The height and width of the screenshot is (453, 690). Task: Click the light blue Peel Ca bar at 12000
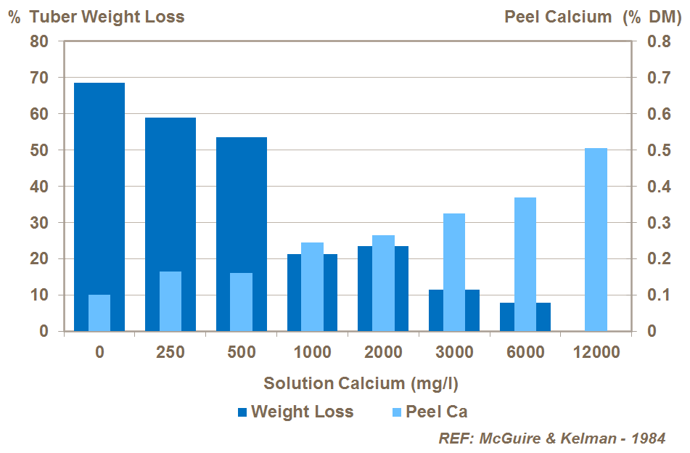tap(596, 240)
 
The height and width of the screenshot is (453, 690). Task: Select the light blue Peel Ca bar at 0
tap(99, 313)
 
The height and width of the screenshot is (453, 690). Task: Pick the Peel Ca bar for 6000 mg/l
tap(525, 264)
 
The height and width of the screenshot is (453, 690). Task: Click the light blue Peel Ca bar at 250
tap(171, 301)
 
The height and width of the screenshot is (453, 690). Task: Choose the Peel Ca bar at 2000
tap(383, 283)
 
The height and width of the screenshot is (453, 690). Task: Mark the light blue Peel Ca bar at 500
tap(242, 302)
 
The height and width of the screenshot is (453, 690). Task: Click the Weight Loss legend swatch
tap(242, 412)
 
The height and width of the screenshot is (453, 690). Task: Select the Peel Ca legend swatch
tap(396, 412)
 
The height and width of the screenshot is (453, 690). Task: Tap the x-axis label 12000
tap(596, 353)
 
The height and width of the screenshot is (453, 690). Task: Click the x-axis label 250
tap(171, 353)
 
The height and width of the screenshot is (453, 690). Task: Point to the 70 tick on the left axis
tap(39, 78)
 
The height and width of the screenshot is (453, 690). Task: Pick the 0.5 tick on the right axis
tap(650, 150)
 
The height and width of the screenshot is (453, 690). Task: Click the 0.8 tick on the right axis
tap(650, 41)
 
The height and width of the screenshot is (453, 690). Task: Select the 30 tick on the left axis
tap(39, 223)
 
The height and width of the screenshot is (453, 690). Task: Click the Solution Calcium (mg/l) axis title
tap(361, 383)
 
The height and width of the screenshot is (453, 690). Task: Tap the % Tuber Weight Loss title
tap(96, 17)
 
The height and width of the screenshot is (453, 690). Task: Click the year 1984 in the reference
tap(648, 438)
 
